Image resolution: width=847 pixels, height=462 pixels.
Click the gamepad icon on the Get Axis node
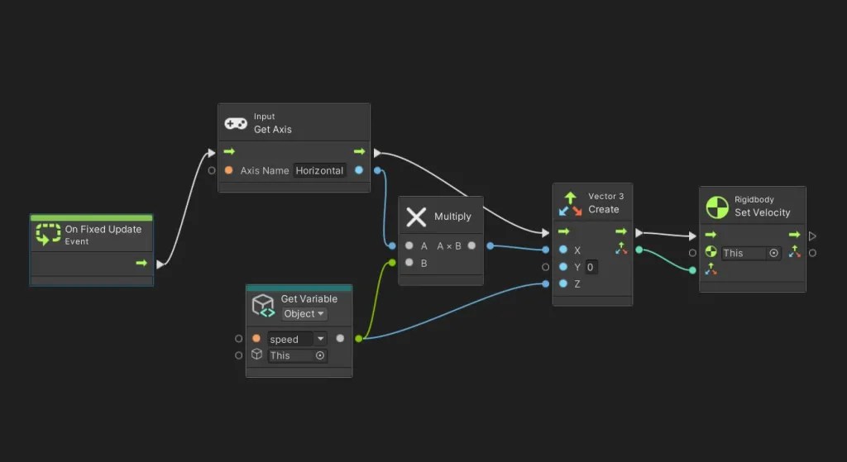point(236,123)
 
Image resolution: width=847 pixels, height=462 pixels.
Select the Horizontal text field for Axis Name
point(319,171)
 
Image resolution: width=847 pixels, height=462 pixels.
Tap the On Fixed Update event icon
point(48,236)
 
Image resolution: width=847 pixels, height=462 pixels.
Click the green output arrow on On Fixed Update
point(141,264)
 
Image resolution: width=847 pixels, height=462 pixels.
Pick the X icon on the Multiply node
point(416,217)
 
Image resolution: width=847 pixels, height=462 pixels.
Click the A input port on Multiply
point(409,246)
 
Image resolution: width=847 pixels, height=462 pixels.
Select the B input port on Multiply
point(409,264)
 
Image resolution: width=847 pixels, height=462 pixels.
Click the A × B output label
point(449,246)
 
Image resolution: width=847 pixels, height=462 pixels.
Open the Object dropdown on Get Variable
point(304,314)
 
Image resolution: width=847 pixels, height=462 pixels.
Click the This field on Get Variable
point(297,355)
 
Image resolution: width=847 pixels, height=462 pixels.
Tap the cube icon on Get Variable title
point(263,305)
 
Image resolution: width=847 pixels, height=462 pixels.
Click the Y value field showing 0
point(591,267)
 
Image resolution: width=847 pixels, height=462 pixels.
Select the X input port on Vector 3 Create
point(563,250)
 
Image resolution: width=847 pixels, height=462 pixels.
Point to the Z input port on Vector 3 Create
point(563,284)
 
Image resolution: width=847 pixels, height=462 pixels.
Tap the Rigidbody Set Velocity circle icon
point(717,207)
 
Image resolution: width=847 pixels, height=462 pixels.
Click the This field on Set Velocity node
point(750,254)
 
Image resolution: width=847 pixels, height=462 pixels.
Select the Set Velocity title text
point(762,212)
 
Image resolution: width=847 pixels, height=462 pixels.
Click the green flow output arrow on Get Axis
point(359,152)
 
